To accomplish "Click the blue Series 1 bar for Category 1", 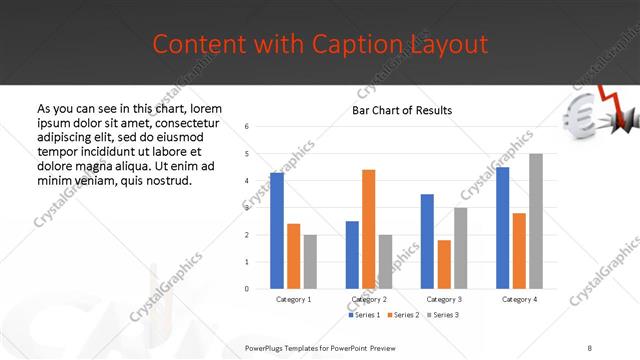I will tap(277, 231).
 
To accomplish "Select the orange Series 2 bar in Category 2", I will tap(368, 229).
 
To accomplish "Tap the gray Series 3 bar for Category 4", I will tap(535, 221).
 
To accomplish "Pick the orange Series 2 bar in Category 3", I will tap(444, 264).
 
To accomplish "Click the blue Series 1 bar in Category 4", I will tap(502, 228).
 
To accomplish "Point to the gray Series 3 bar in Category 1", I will tap(310, 262).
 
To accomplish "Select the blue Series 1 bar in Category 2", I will tap(352, 255).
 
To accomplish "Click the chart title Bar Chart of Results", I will tap(402, 110).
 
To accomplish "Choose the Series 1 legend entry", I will tap(363, 315).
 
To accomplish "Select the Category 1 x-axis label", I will tap(294, 299).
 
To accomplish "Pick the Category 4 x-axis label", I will tap(518, 299).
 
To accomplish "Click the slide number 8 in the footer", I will tap(590, 348).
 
